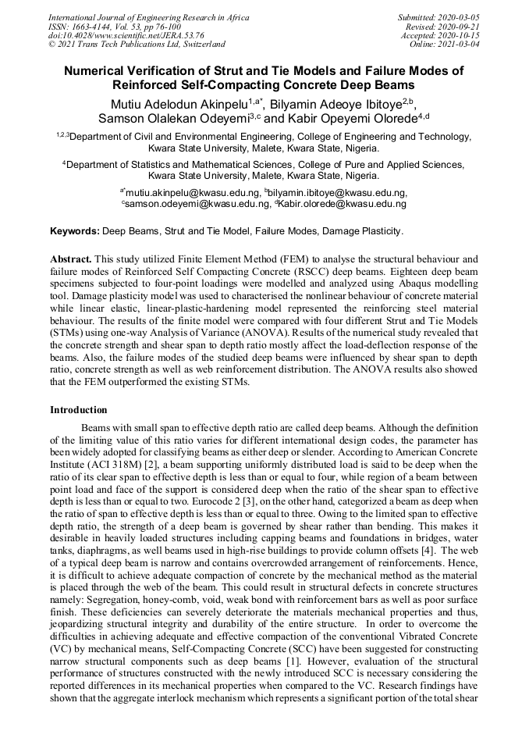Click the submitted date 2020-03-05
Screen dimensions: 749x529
(x=459, y=16)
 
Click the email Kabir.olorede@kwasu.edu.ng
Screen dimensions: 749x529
(x=343, y=203)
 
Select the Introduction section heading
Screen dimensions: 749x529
(x=79, y=409)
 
